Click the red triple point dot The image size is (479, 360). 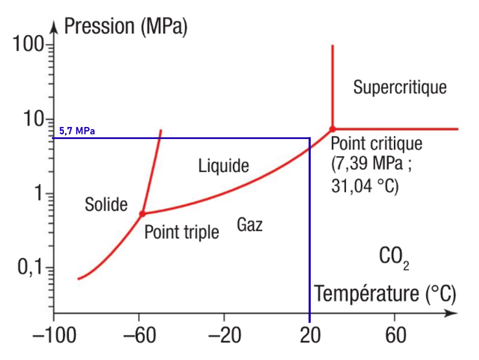click(142, 213)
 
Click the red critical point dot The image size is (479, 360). click(332, 129)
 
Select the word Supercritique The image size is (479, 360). click(400, 87)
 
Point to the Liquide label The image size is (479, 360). click(224, 166)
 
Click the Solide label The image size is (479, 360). click(106, 205)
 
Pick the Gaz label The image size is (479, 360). click(250, 224)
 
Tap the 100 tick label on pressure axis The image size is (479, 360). click(28, 45)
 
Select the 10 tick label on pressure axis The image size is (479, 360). click(33, 119)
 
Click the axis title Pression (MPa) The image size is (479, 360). click(126, 27)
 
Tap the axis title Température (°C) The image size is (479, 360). click(385, 294)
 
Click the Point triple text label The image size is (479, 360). click(182, 232)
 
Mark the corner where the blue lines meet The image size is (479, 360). click(309, 138)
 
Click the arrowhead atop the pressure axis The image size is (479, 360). click(54, 27)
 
